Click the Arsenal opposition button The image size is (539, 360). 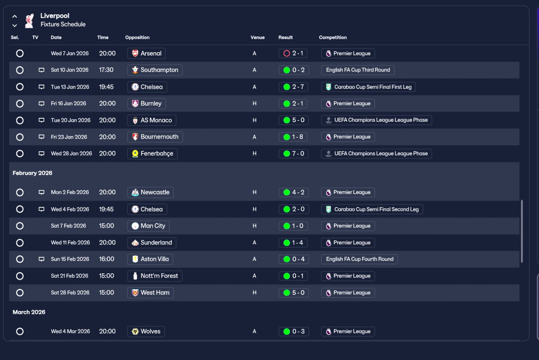pyautogui.click(x=147, y=53)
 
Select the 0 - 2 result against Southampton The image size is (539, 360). pyautogui.click(x=294, y=70)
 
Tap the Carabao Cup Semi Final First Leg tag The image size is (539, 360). pyautogui.click(x=369, y=87)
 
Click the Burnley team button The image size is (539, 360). pyautogui.click(x=147, y=104)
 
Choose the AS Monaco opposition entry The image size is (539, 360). pyautogui.click(x=152, y=120)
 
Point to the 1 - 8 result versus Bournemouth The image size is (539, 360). pyautogui.click(x=294, y=137)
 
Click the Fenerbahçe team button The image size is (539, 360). pyautogui.click(x=152, y=154)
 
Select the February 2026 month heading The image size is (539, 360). pyautogui.click(x=32, y=173)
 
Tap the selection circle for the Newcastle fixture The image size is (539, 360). pyautogui.click(x=20, y=192)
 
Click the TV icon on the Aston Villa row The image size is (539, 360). pyautogui.click(x=41, y=259)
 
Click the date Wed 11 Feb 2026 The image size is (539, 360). pyautogui.click(x=70, y=243)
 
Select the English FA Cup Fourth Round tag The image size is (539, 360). pyautogui.click(x=359, y=259)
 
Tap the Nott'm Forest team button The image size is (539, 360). pyautogui.click(x=155, y=276)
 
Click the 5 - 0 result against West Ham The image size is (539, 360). pyautogui.click(x=294, y=293)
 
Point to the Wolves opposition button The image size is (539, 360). pyautogui.click(x=146, y=331)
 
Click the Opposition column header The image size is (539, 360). pyautogui.click(x=137, y=37)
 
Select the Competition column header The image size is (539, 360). pyautogui.click(x=333, y=37)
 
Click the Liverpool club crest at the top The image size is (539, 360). pyautogui.click(x=29, y=20)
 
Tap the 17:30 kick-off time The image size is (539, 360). pyautogui.click(x=106, y=70)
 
